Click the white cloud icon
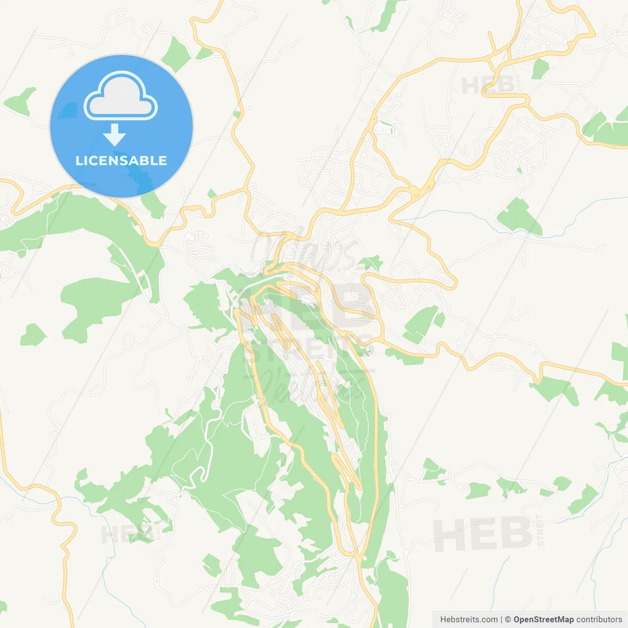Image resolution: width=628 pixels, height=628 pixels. (x=121, y=97)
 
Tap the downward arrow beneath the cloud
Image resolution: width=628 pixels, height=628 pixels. (x=114, y=135)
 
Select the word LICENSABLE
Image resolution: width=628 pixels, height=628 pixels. (x=121, y=160)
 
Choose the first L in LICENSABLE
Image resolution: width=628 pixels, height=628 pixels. (x=78, y=160)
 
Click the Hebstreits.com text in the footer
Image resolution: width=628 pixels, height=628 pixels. (x=469, y=620)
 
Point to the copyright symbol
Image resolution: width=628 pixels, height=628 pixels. (x=508, y=620)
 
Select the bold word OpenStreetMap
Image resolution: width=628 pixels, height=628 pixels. (x=543, y=620)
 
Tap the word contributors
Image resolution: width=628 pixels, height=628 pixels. (x=599, y=620)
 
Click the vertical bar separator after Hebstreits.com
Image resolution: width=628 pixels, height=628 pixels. (x=501, y=620)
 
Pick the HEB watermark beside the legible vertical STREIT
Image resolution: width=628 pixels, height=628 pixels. (x=482, y=534)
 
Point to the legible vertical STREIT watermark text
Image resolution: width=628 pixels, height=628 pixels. (x=541, y=530)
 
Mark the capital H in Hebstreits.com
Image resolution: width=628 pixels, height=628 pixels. (x=443, y=620)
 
